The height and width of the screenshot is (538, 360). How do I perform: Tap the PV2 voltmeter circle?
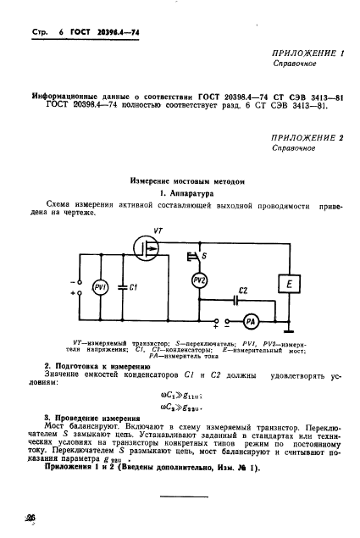tap(201, 280)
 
